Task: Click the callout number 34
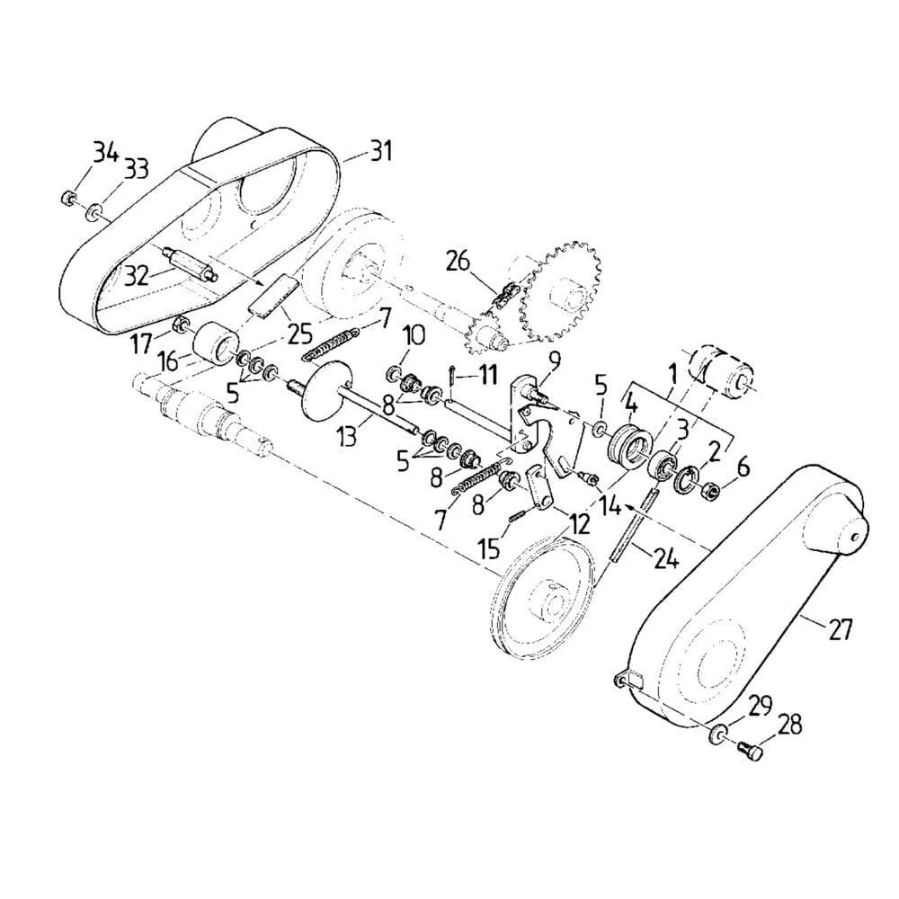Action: click(x=105, y=155)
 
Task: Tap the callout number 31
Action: click(x=380, y=151)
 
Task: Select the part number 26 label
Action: click(x=458, y=262)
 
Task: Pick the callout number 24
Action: click(x=665, y=557)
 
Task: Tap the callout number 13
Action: click(x=346, y=436)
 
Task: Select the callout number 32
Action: click(x=138, y=276)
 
